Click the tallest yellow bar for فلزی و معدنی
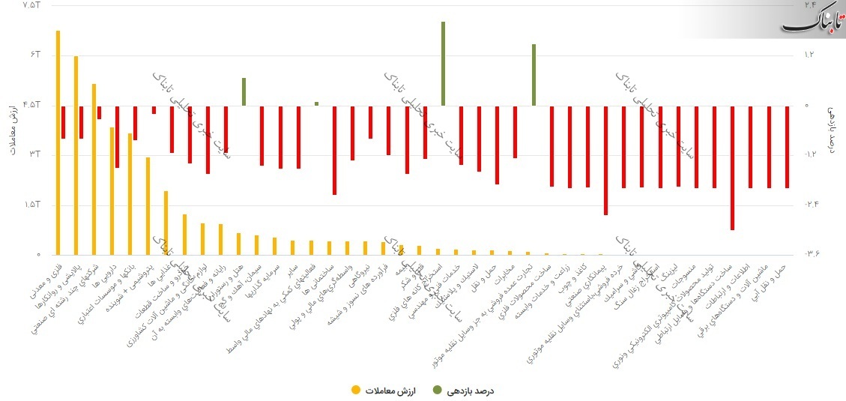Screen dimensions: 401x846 pos(58,142)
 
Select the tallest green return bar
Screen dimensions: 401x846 pos(443,64)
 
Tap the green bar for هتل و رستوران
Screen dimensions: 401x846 pos(244,91)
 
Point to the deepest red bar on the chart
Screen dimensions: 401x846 pos(732,168)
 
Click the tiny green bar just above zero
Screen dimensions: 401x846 pos(316,103)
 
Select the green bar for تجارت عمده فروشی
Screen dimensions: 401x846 pos(534,75)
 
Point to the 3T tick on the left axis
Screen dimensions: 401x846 pos(33,155)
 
